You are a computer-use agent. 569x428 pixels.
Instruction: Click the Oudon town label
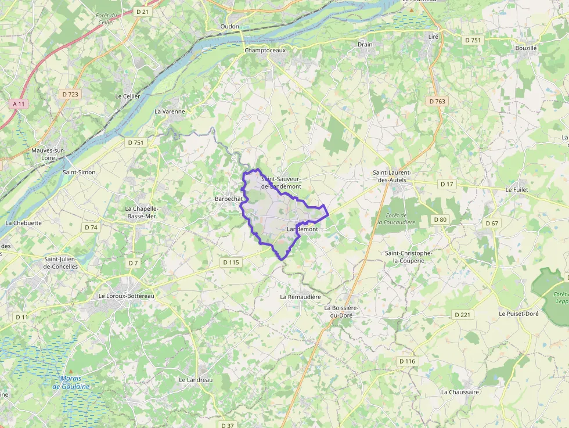point(230,27)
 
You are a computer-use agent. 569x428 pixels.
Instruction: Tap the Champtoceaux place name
point(265,51)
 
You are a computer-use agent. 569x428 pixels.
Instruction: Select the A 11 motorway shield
point(19,104)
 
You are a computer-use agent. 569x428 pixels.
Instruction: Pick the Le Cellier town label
point(128,96)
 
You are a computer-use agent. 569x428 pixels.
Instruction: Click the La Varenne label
point(170,112)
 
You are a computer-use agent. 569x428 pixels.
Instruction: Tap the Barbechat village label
point(229,199)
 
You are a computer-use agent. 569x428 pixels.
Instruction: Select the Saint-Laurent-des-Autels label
point(392,177)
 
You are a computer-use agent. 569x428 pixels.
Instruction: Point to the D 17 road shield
point(446,184)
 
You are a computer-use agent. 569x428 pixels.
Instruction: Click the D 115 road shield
point(231,262)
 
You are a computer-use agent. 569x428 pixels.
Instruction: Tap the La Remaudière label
point(300,297)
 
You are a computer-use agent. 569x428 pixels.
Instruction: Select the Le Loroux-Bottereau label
point(127,296)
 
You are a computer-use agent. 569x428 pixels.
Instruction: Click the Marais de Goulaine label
point(71,382)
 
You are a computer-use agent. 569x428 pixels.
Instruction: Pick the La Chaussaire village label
point(460,392)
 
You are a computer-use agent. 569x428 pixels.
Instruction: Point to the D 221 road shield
point(462,315)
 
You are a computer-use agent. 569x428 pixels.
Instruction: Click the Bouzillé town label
point(526,48)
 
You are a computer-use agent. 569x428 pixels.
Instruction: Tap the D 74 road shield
point(91,227)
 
